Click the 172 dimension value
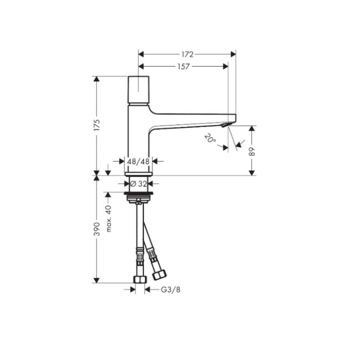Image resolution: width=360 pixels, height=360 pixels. click(187, 53)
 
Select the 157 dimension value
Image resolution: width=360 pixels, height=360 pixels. click(183, 66)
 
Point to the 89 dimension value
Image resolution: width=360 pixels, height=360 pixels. click(252, 150)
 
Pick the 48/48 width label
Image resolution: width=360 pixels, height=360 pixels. click(138, 161)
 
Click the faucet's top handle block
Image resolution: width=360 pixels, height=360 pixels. click(140, 89)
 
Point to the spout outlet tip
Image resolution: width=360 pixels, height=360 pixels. click(228, 125)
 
